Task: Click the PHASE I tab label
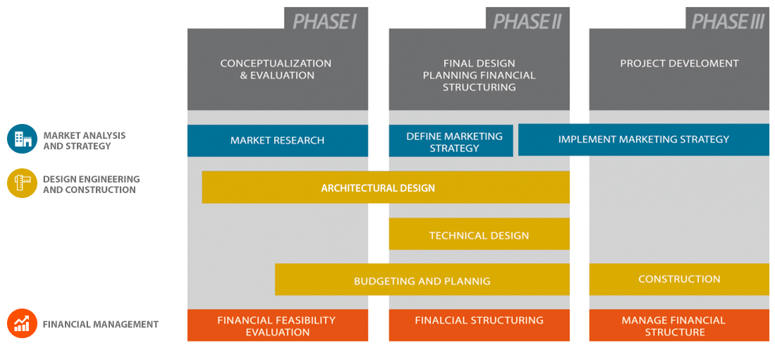325,20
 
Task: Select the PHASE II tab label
527,20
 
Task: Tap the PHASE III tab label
728,20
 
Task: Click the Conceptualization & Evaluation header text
276,69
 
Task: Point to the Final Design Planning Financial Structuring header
479,75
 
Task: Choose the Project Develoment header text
679,63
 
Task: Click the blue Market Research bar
278,140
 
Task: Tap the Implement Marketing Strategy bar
643,139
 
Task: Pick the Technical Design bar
479,235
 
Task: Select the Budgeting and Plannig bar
422,280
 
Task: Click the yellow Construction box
679,279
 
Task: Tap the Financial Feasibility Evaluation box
278,325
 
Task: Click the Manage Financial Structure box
679,325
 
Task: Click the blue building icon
22,139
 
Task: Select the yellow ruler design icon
22,183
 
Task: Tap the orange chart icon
22,323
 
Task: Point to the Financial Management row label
101,325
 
